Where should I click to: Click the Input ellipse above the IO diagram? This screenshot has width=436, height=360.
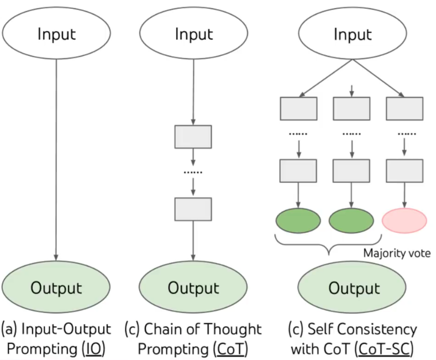pyautogui.click(x=56, y=33)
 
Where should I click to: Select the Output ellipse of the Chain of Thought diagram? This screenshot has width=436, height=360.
pyautogui.click(x=193, y=287)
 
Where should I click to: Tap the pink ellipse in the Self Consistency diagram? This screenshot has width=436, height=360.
pyautogui.click(x=405, y=221)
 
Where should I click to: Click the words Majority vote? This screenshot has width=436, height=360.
pyautogui.click(x=397, y=253)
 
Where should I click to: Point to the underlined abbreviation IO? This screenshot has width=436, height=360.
pyautogui.click(x=94, y=349)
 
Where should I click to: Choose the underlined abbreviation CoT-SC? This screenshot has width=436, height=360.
pyautogui.click(x=384, y=349)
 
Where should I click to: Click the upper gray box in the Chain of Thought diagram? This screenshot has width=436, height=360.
pyautogui.click(x=193, y=137)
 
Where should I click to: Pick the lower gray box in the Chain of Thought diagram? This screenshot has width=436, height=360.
pyautogui.click(x=193, y=209)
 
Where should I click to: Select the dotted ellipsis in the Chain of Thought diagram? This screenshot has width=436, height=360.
pyautogui.click(x=193, y=173)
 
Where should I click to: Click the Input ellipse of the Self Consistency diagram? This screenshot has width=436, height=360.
pyautogui.click(x=353, y=33)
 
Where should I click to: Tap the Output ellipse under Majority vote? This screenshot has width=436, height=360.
pyautogui.click(x=352, y=287)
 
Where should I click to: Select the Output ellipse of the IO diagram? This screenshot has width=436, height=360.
pyautogui.click(x=56, y=287)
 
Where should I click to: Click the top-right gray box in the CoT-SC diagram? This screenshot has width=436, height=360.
pyautogui.click(x=405, y=108)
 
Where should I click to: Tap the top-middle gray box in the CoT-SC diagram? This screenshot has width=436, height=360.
pyautogui.click(x=352, y=108)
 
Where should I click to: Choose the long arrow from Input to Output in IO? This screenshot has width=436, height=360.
pyautogui.click(x=56, y=160)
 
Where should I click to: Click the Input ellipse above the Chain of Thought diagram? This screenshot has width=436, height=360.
pyautogui.click(x=193, y=33)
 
